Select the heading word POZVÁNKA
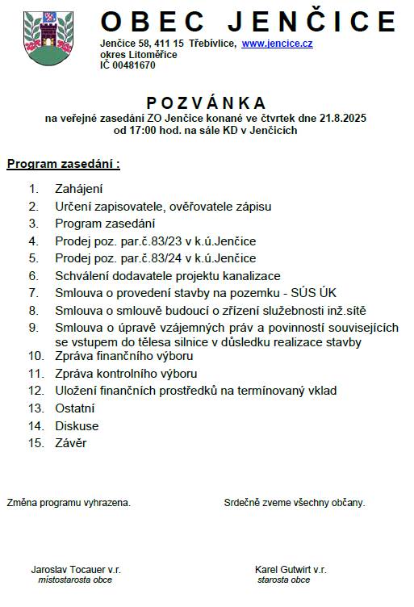[x=207, y=103]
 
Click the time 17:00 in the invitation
[x=148, y=130]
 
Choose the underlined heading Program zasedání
[x=63, y=165]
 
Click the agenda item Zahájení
[x=78, y=189]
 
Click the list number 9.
[x=33, y=328]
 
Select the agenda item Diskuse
[x=77, y=425]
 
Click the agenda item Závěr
[x=71, y=442]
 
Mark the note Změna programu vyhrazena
[x=69, y=502]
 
